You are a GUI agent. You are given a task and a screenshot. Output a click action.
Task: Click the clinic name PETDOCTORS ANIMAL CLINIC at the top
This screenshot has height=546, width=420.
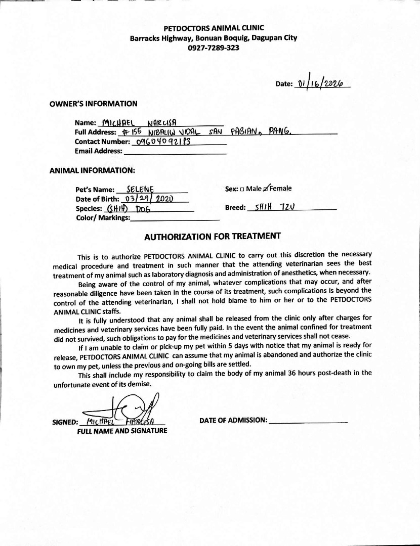coord(214,28)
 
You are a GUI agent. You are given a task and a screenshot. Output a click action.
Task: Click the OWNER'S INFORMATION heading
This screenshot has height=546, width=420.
coord(93,104)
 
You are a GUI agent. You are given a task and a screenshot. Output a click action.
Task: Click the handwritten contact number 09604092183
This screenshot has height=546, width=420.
coord(163,142)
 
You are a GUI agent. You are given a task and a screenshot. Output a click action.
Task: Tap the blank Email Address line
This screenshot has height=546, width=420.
coord(175,151)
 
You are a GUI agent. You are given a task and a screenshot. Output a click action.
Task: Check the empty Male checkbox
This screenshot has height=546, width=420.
coord(242,189)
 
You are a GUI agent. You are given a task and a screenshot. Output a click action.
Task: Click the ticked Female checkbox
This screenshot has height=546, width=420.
coord(266,189)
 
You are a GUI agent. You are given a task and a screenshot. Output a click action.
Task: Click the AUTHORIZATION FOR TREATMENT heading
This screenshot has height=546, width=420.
coord(213,236)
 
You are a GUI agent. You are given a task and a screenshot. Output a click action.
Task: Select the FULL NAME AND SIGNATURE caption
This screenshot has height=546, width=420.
coord(122,431)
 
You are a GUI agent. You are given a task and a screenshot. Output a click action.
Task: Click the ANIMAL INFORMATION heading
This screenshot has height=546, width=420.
coord(92,170)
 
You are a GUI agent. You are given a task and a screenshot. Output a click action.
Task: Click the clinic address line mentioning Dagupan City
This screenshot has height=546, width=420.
coord(214,38)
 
